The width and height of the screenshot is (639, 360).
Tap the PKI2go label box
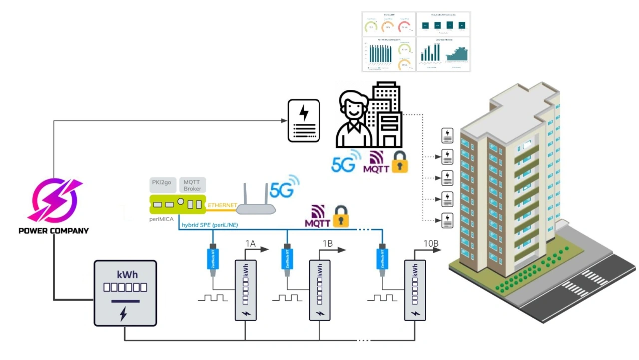click(161, 185)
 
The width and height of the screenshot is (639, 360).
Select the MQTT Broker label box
click(192, 185)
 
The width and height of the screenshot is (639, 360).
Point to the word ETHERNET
click(223, 205)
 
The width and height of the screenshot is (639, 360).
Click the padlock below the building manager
click(400, 162)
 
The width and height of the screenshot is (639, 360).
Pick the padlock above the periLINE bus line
click(341, 216)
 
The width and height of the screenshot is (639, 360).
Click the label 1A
click(250, 243)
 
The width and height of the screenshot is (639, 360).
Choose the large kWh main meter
click(125, 293)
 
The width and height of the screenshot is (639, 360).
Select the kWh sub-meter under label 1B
click(319, 290)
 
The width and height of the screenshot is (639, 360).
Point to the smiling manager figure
click(354, 120)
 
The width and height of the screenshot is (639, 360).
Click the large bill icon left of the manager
click(304, 120)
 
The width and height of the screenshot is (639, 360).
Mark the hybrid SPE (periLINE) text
click(210, 225)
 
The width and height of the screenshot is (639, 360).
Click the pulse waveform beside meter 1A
click(213, 298)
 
